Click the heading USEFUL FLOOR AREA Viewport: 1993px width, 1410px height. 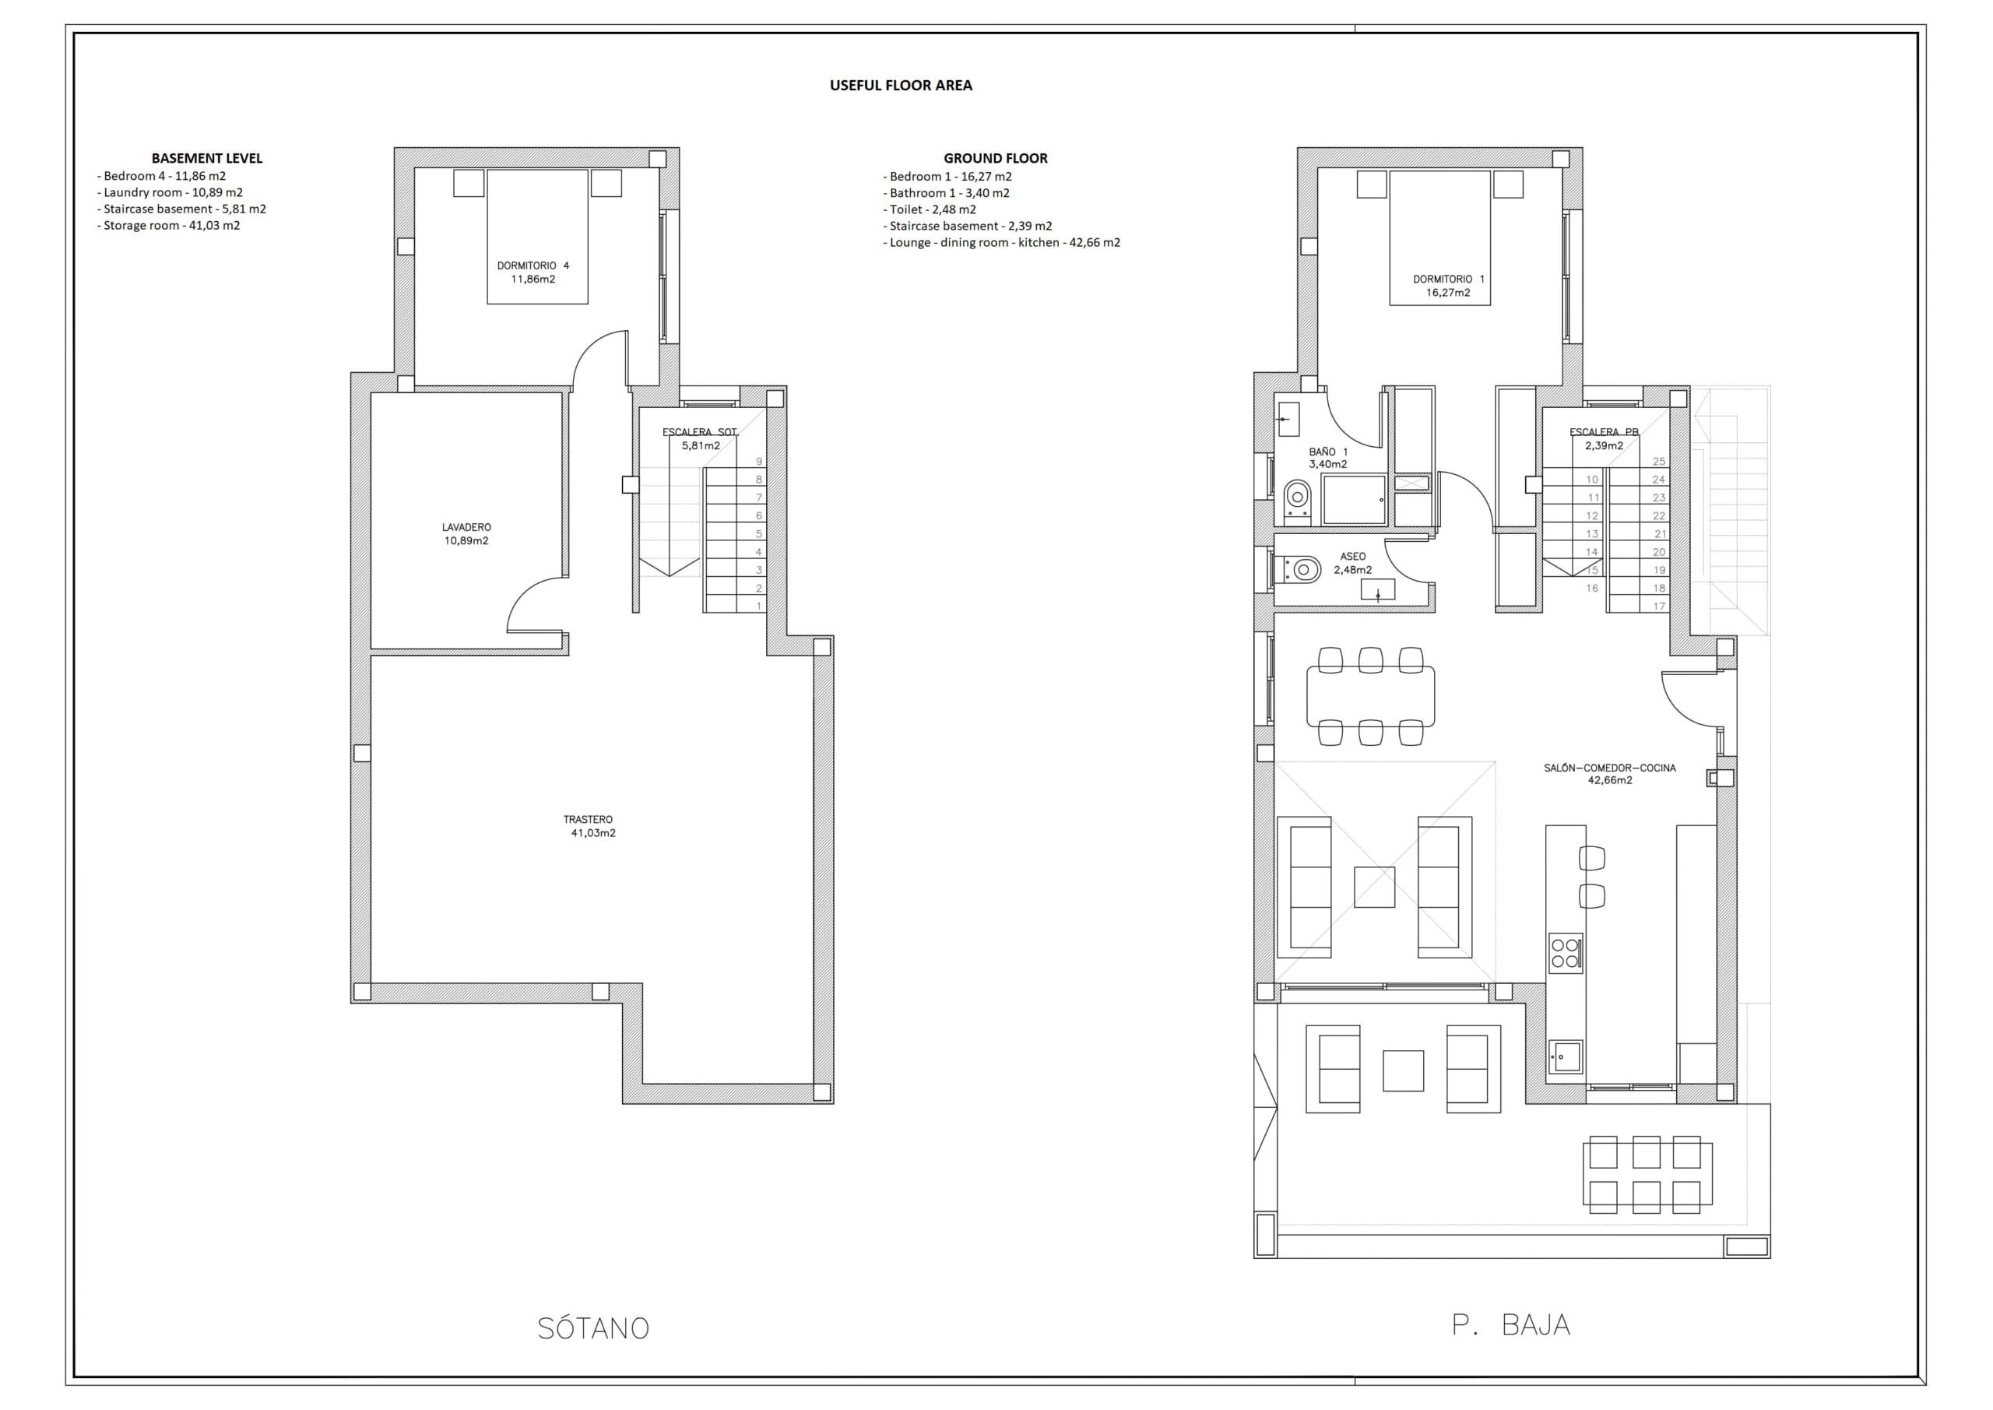click(900, 85)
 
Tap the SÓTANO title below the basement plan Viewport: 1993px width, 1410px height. click(593, 1328)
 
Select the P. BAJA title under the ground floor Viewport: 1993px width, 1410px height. click(1510, 1325)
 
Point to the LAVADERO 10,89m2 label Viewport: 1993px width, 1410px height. click(466, 534)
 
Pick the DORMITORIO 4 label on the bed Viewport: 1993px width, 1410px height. click(533, 272)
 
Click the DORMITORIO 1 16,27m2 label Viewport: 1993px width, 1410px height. click(1448, 286)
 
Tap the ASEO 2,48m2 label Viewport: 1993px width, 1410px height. click(1352, 563)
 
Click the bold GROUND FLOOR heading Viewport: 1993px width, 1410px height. click(995, 158)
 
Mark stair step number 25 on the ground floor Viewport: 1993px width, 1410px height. click(1659, 462)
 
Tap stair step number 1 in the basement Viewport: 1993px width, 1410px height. click(758, 606)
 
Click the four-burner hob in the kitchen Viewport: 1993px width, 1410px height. click(1565, 952)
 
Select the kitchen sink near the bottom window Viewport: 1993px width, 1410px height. click(1565, 1057)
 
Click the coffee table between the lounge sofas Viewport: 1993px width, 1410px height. click(1374, 888)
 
